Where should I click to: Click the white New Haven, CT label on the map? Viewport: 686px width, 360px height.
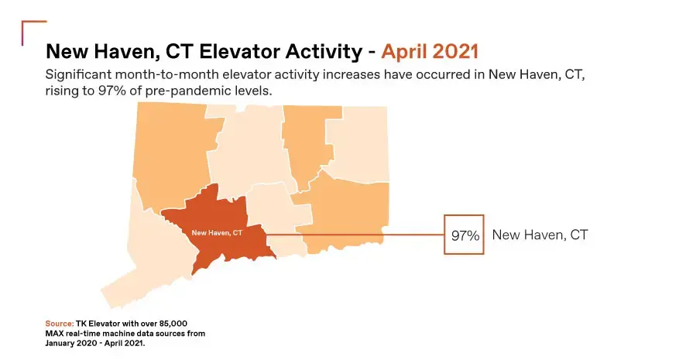point(217,233)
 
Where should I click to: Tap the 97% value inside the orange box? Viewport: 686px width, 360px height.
point(465,235)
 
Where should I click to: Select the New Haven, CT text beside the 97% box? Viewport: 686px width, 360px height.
point(540,235)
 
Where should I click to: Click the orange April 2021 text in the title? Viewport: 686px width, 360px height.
point(430,52)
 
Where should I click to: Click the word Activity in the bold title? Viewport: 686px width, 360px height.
point(324,52)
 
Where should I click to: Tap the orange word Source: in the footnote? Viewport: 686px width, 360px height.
point(60,324)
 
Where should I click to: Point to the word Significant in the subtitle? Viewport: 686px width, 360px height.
point(78,74)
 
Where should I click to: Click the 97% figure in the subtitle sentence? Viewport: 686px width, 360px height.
point(106,91)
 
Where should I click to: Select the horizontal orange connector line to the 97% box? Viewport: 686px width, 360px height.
point(355,235)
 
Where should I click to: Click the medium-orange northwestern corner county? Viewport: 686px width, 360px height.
point(175,153)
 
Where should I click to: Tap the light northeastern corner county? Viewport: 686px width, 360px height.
point(358,144)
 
